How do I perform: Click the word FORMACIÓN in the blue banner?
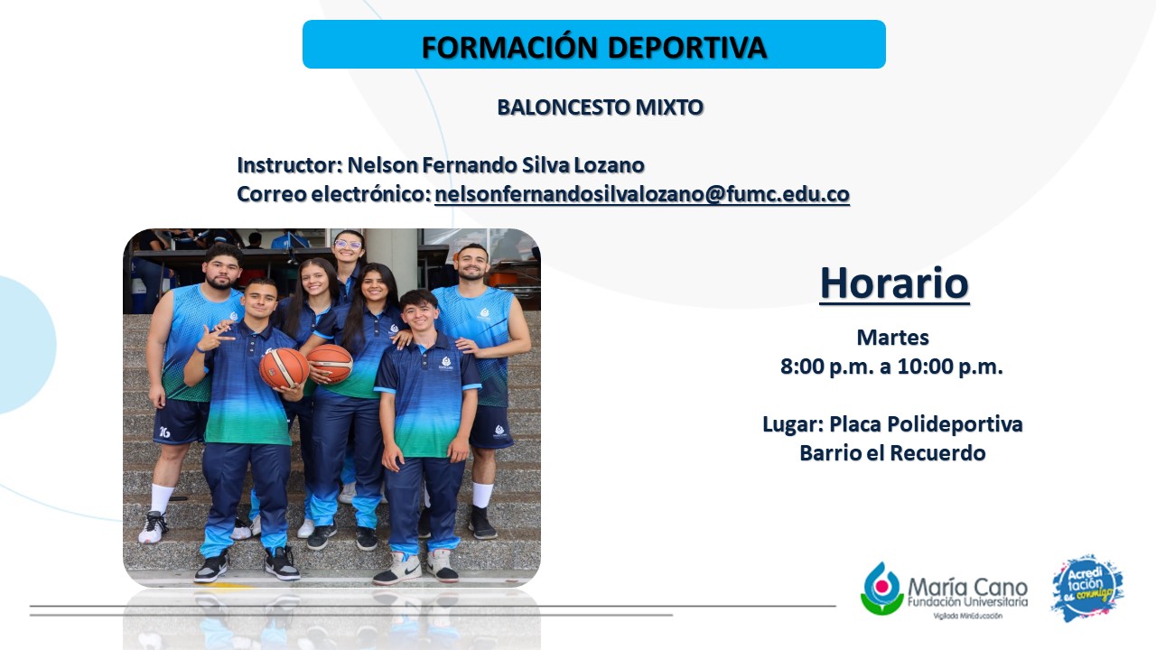(x=509, y=47)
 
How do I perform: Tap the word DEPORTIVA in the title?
(x=687, y=48)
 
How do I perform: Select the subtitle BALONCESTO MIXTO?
(x=601, y=107)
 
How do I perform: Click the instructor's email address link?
(x=642, y=194)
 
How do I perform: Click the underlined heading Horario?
(x=894, y=283)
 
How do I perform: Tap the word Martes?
(x=893, y=338)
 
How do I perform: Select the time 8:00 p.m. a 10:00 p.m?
(x=891, y=367)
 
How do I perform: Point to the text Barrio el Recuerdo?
(x=893, y=453)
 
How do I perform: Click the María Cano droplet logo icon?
(x=882, y=589)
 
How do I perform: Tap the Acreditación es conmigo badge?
(x=1087, y=588)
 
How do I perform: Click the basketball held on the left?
(x=284, y=367)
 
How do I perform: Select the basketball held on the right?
(x=330, y=363)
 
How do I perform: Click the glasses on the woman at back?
(x=349, y=245)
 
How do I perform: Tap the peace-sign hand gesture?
(x=211, y=339)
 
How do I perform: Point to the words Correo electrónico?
(x=334, y=194)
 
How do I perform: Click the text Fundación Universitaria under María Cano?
(x=967, y=602)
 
